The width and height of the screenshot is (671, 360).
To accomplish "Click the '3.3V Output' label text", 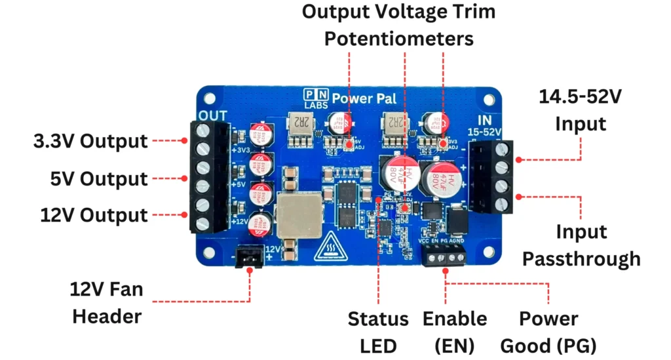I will pos(90,142).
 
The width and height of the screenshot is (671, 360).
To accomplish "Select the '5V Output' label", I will pos(98,179).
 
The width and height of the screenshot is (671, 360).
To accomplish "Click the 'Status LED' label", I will pos(378,332).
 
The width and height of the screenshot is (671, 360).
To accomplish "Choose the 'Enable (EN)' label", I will pos(455,332).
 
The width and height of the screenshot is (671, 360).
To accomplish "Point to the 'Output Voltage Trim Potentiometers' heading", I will pos(398,25).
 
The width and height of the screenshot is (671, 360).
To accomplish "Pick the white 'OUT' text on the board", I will pos(214,116).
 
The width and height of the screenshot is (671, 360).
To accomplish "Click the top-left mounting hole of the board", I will pos(210,98).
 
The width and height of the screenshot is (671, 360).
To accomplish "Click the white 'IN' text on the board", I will pos(486,121).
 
